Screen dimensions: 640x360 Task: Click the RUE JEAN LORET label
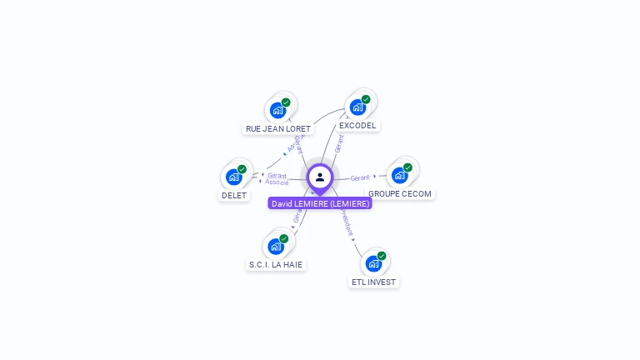click(x=278, y=129)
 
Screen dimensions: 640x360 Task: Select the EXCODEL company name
click(x=357, y=126)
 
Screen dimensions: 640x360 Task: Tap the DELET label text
click(x=233, y=196)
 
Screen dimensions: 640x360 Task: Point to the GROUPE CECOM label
click(x=400, y=194)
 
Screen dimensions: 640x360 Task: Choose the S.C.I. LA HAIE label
click(x=276, y=265)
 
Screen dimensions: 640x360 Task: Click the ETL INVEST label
click(x=373, y=282)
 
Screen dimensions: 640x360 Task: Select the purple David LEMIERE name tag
click(x=320, y=203)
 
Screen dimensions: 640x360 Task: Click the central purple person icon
click(x=320, y=177)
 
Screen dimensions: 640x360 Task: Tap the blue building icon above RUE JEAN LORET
click(x=277, y=110)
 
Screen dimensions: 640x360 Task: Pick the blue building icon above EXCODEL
click(x=357, y=107)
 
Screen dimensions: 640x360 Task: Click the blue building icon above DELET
click(x=233, y=177)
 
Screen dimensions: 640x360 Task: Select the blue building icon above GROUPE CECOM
click(x=399, y=175)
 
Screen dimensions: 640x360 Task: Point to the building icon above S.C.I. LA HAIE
click(x=276, y=247)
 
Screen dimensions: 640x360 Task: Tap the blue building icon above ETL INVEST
click(x=373, y=263)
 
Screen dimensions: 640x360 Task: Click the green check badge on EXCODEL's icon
click(x=366, y=99)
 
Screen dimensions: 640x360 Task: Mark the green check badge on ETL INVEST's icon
click(x=382, y=256)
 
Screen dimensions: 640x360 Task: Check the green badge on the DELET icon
click(x=242, y=169)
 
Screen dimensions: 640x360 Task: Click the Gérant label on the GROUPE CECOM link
click(x=360, y=177)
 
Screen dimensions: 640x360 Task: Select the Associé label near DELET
click(x=277, y=182)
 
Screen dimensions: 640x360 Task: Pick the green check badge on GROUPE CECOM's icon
click(x=407, y=167)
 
